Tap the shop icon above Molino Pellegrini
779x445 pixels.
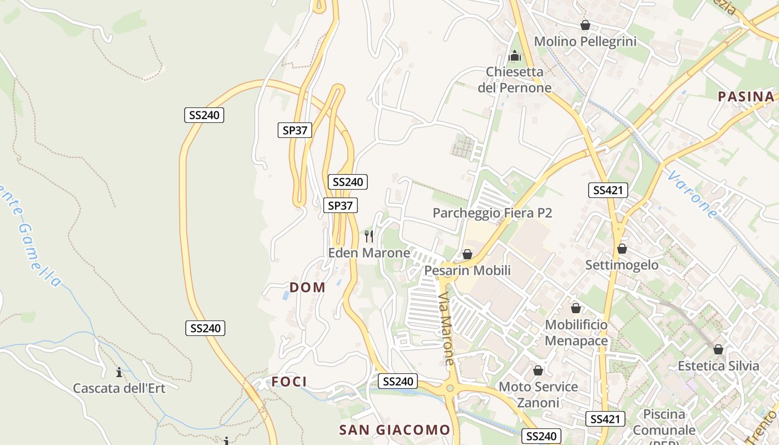pyautogui.click(x=585, y=25)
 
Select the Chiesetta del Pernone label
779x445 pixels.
pyautogui.click(x=514, y=80)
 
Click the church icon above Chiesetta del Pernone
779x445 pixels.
pyautogui.click(x=515, y=56)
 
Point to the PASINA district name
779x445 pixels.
pyautogui.click(x=746, y=96)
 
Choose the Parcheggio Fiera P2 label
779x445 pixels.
pyautogui.click(x=492, y=213)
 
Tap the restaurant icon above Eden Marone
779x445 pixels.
pyautogui.click(x=369, y=236)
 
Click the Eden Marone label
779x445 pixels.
pyautogui.click(x=369, y=253)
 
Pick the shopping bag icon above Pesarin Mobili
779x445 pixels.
pyautogui.click(x=467, y=254)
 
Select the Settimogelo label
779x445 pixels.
pyautogui.click(x=622, y=265)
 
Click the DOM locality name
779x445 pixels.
pyautogui.click(x=308, y=287)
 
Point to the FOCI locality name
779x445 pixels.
pyautogui.click(x=289, y=382)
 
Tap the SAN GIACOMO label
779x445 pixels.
pyautogui.click(x=395, y=429)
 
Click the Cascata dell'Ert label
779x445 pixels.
pyautogui.click(x=119, y=388)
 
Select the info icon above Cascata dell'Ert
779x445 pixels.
pyautogui.click(x=119, y=372)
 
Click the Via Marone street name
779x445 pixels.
pyautogui.click(x=446, y=329)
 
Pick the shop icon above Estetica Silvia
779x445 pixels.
pyautogui.click(x=718, y=349)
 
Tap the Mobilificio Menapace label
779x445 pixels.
pyautogui.click(x=576, y=332)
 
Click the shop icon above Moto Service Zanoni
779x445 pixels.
pyautogui.click(x=538, y=370)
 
